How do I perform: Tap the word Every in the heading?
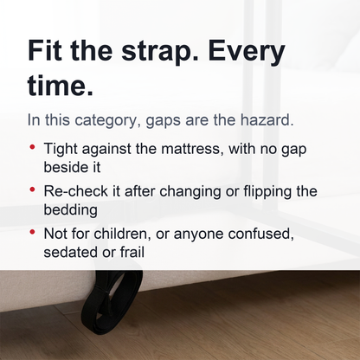click(x=246, y=52)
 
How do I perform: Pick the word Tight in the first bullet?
click(x=61, y=149)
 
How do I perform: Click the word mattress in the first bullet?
click(x=190, y=149)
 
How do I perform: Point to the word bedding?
click(x=71, y=209)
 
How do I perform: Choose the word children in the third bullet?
click(x=120, y=234)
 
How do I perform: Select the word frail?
click(x=132, y=252)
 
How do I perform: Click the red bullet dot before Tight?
click(x=32, y=147)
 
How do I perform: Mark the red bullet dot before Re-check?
click(x=32, y=190)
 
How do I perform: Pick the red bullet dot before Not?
click(x=32, y=232)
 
